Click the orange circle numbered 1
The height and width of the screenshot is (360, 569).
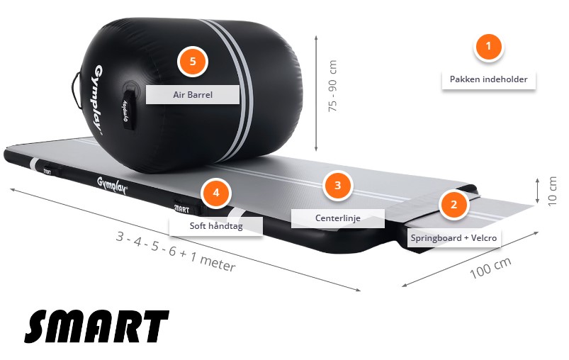(488, 47)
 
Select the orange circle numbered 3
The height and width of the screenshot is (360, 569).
(337, 186)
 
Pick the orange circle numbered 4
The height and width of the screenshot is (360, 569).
(215, 192)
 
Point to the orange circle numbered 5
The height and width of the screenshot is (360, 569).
(192, 61)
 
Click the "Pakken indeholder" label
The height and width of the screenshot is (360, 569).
(488, 79)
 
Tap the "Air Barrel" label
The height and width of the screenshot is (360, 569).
(192, 94)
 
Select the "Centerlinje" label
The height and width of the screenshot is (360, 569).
(337, 218)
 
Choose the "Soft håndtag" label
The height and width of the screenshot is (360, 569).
(215, 227)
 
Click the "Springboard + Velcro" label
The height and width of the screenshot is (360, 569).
(454, 237)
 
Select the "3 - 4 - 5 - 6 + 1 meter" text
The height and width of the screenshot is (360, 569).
(176, 251)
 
